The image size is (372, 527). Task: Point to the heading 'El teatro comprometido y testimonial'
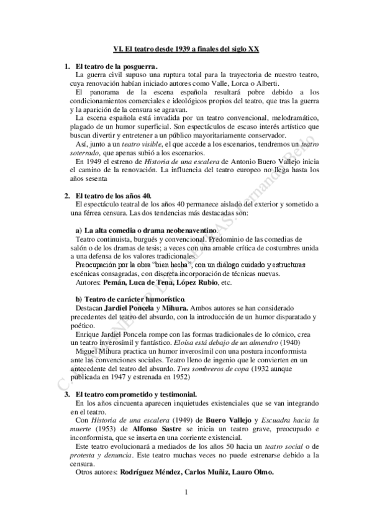coord(136,394)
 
